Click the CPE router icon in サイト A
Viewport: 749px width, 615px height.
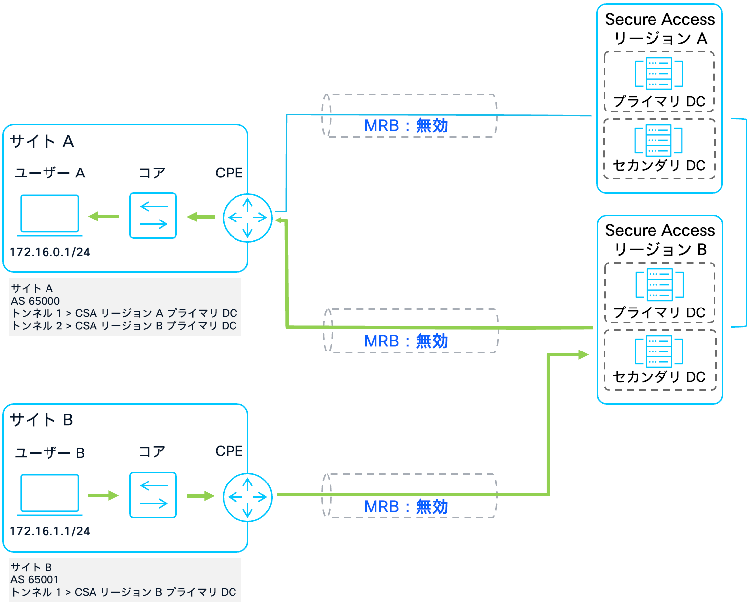(x=247, y=218)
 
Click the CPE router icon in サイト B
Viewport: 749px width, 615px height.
(x=247, y=497)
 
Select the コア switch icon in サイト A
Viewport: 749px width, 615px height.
(x=153, y=216)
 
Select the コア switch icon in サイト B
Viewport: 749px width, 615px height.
(x=153, y=495)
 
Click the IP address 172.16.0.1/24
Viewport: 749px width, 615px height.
(x=50, y=252)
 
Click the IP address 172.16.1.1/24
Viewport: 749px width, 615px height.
(x=50, y=531)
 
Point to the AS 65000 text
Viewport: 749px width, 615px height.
(x=36, y=301)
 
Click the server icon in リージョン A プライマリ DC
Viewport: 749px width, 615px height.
(x=659, y=74)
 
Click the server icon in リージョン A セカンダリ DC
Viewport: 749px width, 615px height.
(x=658, y=140)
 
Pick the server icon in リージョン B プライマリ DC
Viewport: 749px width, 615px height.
(x=659, y=284)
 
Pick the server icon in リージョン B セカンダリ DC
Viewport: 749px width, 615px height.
(x=659, y=351)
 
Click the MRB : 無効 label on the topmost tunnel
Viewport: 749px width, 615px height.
(x=406, y=126)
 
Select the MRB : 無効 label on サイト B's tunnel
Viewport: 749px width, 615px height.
(x=406, y=507)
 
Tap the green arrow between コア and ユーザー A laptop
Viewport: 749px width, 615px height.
(x=103, y=216)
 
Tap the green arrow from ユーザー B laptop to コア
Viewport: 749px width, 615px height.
(x=103, y=495)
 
